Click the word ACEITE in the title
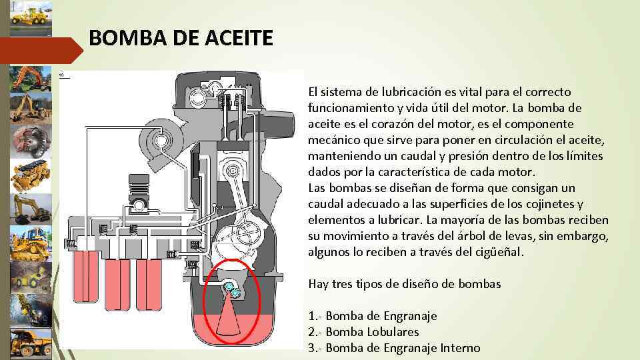tap(239, 38)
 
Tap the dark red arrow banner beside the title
tap(41, 51)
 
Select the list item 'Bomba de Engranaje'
tap(373, 316)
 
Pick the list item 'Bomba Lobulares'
tap(364, 332)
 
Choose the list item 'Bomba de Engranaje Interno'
tap(394, 348)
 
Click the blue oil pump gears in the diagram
tap(231, 289)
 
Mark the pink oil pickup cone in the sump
tap(228, 315)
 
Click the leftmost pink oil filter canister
tap(86, 276)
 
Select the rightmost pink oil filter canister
tap(149, 285)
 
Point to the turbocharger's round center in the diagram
tap(161, 141)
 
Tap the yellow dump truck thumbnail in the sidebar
tap(31, 344)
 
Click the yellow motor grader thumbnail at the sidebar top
tap(31, 18)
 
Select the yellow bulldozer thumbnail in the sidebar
tap(31, 244)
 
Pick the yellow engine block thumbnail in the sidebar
tap(31, 175)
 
